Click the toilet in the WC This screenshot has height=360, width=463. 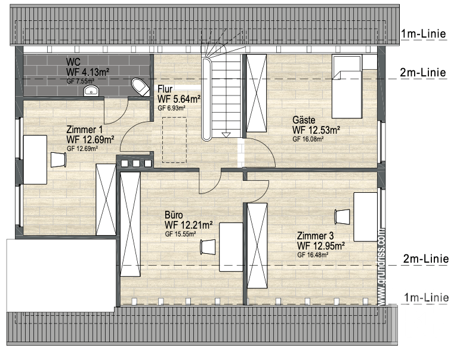coord(141,87)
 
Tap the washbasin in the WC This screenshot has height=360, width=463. coord(91,91)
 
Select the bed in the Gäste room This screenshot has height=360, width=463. coord(347,87)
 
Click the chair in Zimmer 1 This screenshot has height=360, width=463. coord(58,159)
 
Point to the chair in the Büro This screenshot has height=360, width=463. coord(208,247)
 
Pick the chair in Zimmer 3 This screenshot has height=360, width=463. coord(342,217)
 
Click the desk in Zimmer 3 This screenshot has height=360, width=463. coord(366,217)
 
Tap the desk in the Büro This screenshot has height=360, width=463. coord(231,247)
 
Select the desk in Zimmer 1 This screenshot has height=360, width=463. coord(35,159)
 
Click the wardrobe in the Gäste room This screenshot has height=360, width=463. coord(257,93)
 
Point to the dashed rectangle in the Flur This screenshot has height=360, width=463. coord(174,140)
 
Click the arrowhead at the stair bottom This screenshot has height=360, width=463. coord(226,135)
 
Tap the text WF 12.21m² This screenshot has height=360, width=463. coord(189,225)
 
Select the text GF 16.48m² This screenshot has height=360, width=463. coord(313,255)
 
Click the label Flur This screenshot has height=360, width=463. coord(165,89)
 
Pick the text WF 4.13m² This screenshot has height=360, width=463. coord(88,72)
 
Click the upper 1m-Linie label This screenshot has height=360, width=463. coord(423,33)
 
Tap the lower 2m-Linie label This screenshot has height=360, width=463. coord(426,259)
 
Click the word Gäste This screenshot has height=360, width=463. coord(304,120)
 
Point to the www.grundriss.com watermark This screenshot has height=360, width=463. coord(382,267)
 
